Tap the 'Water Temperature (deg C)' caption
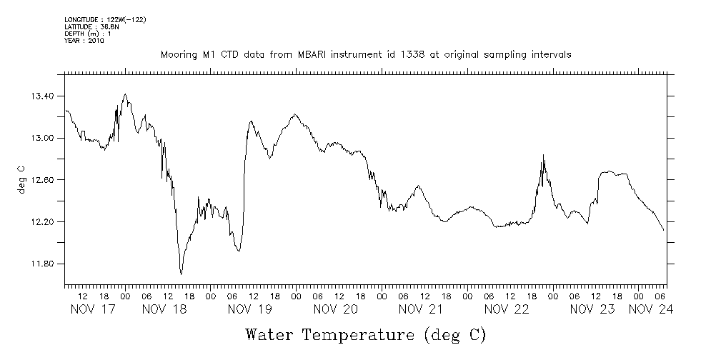pos(365,334)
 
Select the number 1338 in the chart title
pos(408,55)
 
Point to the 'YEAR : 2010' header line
pos(84,41)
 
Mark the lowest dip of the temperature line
pos(182,274)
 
